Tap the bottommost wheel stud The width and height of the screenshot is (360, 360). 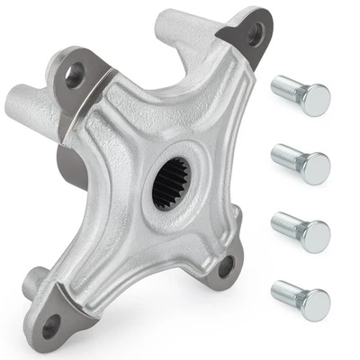coord(301,303)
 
